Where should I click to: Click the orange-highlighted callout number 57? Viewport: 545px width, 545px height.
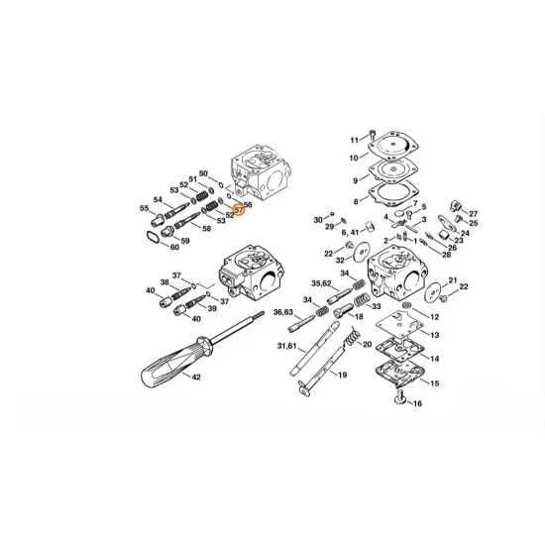click(238, 209)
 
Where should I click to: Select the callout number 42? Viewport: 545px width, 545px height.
click(195, 378)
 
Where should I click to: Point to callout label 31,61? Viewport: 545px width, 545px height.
click(286, 346)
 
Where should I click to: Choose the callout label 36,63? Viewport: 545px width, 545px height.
click(282, 312)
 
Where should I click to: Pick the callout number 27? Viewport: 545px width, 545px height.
click(473, 214)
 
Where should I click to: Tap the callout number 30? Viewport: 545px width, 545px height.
click(318, 219)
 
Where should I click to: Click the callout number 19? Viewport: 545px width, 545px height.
click(342, 376)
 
